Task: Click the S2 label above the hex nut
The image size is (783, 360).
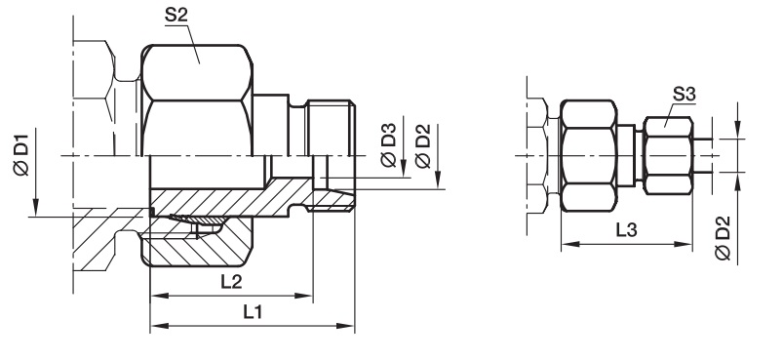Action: click(176, 16)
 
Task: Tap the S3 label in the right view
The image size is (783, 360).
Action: click(685, 94)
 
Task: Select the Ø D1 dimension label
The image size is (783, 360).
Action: click(21, 152)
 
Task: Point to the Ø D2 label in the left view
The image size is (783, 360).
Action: click(422, 145)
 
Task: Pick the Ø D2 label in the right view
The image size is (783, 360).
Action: click(723, 238)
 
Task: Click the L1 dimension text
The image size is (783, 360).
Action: click(253, 312)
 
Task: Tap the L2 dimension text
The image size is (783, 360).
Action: click(231, 282)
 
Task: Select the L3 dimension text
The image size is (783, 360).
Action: click(626, 230)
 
